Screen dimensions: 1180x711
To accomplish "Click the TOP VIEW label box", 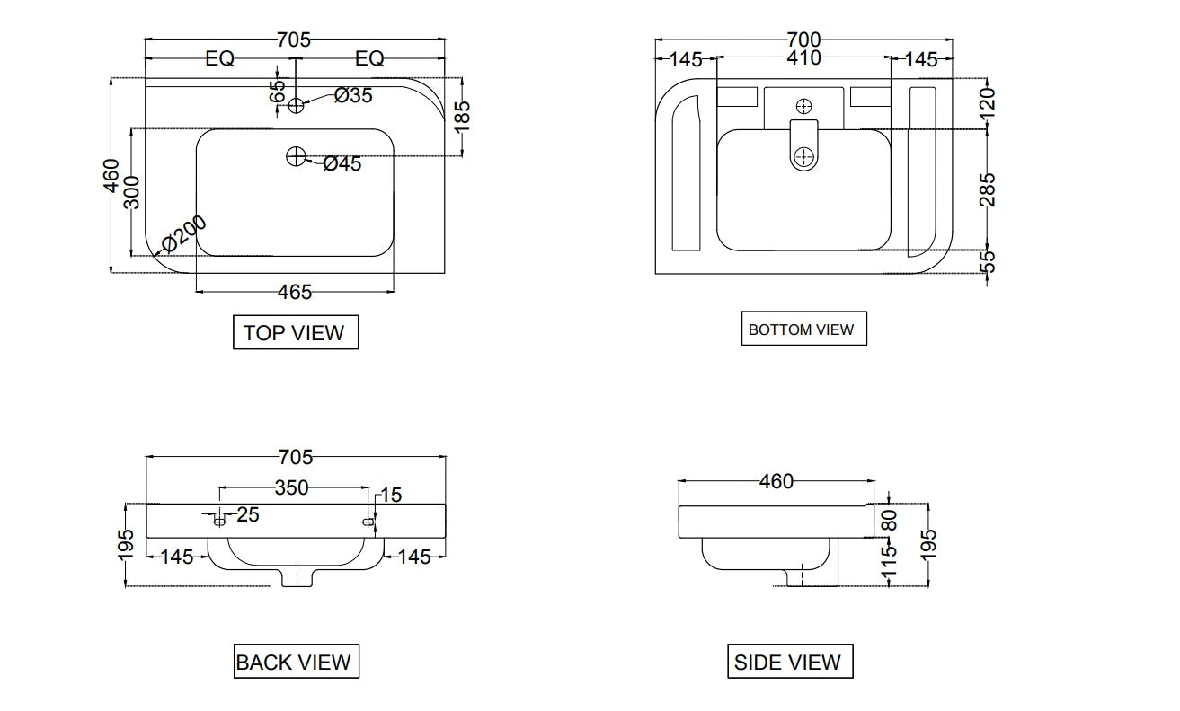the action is (x=296, y=332).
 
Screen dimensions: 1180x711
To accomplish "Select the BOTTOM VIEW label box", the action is (x=803, y=329).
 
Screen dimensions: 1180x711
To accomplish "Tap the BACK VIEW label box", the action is (x=296, y=661).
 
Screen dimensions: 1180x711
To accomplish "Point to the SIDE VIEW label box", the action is (x=790, y=661).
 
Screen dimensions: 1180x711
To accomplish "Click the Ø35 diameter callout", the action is (x=353, y=95).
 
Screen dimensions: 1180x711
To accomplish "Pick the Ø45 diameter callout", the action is (x=342, y=163).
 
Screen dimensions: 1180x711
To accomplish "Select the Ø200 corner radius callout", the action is (x=184, y=234).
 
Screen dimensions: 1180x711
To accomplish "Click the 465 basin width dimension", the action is (x=295, y=292).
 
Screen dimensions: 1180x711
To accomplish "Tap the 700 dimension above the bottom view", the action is (x=803, y=39).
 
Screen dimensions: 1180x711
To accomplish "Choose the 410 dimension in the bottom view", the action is (x=803, y=57).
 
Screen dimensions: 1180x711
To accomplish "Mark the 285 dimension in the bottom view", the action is (x=987, y=190).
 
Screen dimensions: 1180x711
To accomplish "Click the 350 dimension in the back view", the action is (x=291, y=487).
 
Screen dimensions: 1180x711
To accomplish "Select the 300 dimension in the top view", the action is (x=132, y=193).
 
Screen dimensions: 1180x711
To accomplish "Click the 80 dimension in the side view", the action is (x=889, y=521).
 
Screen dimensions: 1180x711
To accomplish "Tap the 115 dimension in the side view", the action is (x=889, y=560).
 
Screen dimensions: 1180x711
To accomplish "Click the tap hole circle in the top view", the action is (x=296, y=106).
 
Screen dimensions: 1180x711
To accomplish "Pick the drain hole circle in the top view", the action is (x=296, y=156).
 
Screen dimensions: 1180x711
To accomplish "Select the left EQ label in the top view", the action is (x=219, y=58).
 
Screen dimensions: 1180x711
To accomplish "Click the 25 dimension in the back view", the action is (x=248, y=514).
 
